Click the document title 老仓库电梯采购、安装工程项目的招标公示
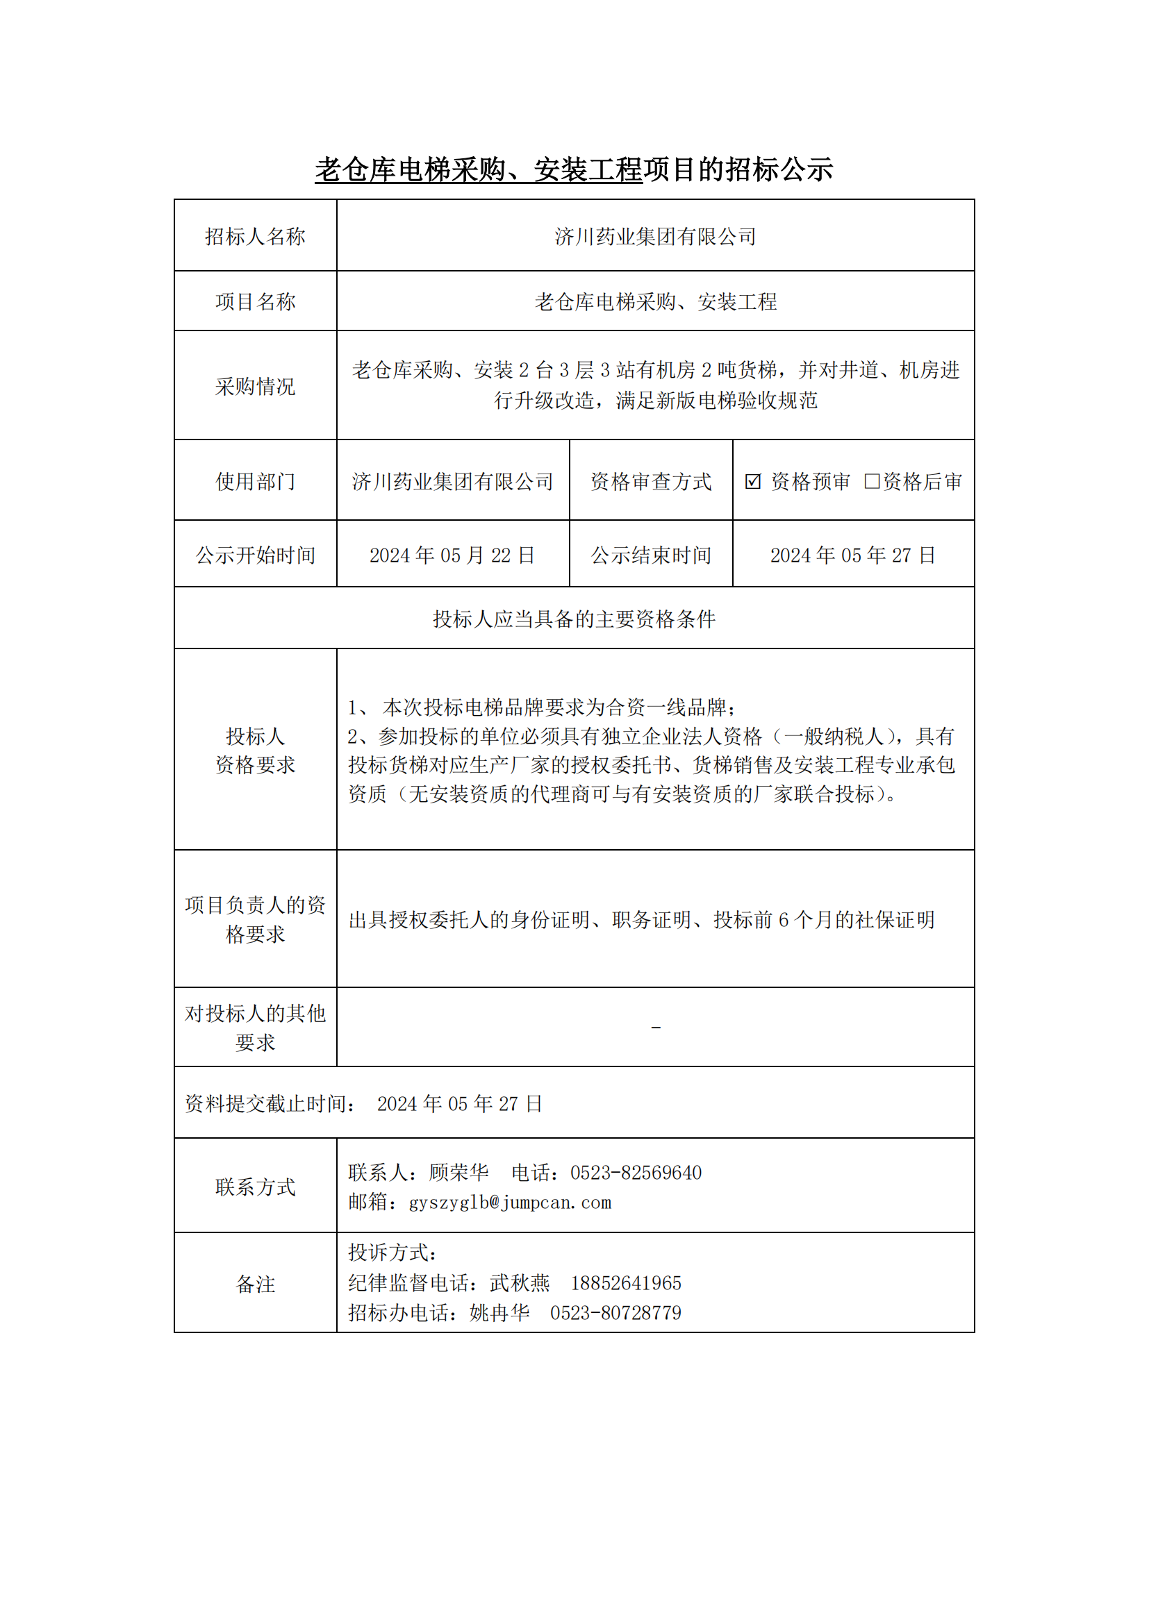(574, 169)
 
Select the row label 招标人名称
(255, 236)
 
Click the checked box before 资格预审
(753, 482)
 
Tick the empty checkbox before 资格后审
(872, 482)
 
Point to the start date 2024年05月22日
(452, 555)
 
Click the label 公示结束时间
(651, 555)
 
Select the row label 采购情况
(255, 386)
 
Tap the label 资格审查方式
(651, 482)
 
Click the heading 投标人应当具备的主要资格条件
(574, 619)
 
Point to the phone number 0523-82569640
(636, 1173)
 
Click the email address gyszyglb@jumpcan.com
(510, 1203)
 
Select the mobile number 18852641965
(625, 1283)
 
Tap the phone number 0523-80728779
(615, 1313)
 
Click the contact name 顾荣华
(458, 1173)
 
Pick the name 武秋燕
(520, 1283)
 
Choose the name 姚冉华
(499, 1313)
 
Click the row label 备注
(255, 1284)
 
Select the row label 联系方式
(255, 1187)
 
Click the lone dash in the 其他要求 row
(656, 1027)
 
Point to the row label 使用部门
(255, 482)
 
